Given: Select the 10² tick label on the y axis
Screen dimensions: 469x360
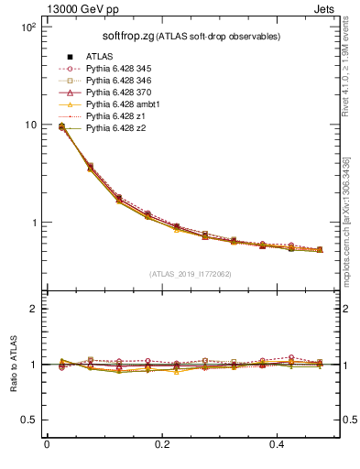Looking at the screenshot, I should point(27,27).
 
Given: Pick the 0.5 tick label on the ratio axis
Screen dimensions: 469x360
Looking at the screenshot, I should point(28,420).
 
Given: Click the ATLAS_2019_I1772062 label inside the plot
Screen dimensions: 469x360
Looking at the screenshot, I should point(183,273).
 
